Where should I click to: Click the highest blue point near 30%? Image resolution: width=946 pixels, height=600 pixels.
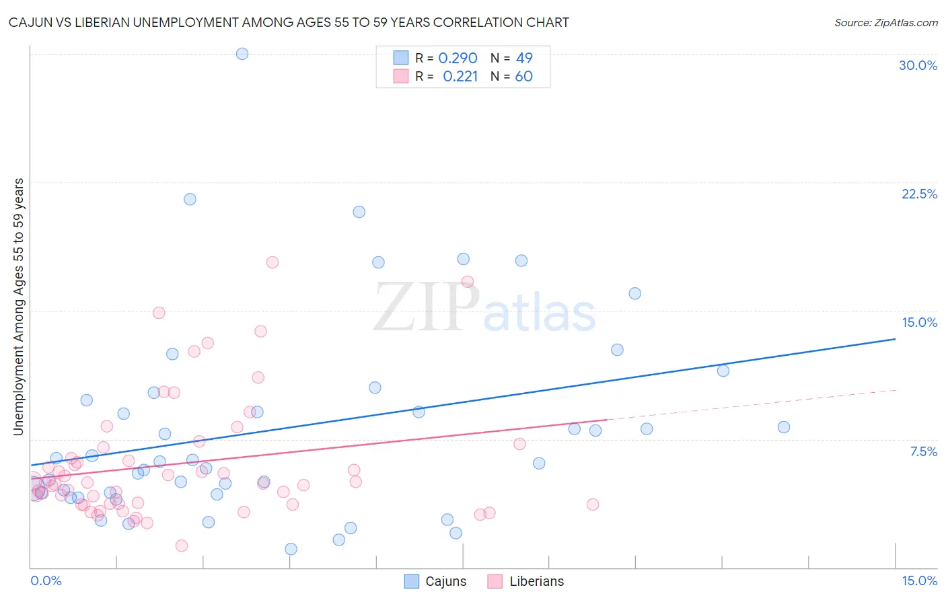click(242, 54)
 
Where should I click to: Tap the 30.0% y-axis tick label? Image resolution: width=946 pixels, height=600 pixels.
click(918, 65)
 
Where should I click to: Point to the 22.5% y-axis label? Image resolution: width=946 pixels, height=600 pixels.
click(919, 194)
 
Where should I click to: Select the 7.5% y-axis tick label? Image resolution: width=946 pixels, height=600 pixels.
click(923, 451)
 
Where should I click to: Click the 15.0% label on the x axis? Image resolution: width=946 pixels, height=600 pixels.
click(919, 581)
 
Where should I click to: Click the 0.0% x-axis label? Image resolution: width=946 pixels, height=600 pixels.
click(46, 581)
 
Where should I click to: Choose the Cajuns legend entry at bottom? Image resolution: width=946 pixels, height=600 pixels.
click(435, 581)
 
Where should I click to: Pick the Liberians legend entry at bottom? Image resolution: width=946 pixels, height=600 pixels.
click(525, 581)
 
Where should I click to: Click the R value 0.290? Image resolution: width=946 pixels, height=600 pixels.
click(458, 59)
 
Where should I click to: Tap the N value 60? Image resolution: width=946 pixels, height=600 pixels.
click(523, 77)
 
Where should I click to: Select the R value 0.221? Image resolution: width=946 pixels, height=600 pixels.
click(460, 77)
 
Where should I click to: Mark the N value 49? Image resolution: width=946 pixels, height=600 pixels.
click(524, 59)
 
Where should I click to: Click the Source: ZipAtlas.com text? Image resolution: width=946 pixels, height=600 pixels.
click(885, 23)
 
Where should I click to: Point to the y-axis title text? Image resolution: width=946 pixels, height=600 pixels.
click(19, 307)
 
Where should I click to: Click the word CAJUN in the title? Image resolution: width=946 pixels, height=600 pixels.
click(30, 23)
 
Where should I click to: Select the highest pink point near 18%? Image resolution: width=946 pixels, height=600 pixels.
click(272, 262)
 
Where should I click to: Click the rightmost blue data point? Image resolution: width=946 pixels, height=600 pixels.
click(783, 427)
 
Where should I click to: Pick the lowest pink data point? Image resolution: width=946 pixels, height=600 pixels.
click(181, 546)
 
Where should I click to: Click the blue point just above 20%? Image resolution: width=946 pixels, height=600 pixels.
click(359, 212)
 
